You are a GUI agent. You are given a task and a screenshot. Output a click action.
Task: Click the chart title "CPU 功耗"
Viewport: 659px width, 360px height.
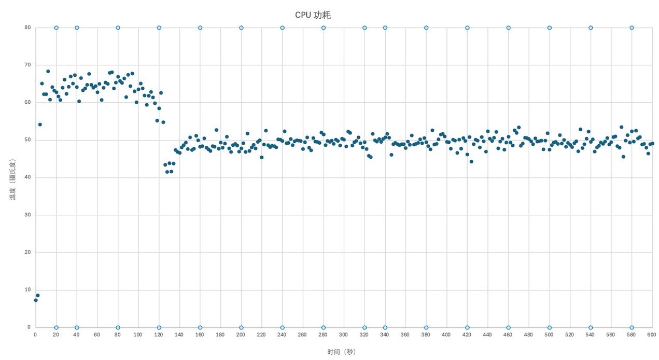313,15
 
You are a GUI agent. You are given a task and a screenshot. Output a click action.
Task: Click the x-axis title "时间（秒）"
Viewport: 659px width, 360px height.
341,352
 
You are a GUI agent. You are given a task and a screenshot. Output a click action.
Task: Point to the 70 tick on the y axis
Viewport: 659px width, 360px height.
27,65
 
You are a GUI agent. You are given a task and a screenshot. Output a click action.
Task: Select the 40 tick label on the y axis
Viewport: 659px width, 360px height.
27,177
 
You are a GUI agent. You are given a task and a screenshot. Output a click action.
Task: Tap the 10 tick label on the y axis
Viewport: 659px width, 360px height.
27,289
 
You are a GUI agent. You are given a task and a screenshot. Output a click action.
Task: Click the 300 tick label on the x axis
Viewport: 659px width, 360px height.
343,335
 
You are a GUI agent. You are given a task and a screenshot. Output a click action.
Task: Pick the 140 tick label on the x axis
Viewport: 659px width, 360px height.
179,335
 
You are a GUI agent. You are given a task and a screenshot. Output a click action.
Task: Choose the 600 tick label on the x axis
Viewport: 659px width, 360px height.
652,335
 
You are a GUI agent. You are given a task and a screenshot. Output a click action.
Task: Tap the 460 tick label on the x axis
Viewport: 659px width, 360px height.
508,335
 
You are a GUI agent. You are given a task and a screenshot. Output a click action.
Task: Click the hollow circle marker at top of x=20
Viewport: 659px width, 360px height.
56,27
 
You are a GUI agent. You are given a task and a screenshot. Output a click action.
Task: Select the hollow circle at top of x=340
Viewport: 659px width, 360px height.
385,27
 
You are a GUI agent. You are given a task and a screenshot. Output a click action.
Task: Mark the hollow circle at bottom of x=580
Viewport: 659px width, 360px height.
632,327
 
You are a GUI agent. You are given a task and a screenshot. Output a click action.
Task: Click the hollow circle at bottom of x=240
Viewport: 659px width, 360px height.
282,327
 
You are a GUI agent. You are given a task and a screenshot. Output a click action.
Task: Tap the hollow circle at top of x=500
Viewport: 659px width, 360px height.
549,27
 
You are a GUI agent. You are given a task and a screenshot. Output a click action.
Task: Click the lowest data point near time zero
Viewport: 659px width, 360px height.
36,300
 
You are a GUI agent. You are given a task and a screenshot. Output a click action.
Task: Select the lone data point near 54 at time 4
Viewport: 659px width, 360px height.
40,124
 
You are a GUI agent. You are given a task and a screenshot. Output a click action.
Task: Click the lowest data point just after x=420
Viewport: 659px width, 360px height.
471,161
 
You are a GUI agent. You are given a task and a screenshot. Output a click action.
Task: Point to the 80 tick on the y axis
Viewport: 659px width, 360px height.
27,27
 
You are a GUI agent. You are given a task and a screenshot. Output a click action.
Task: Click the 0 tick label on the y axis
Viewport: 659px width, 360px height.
29,327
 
